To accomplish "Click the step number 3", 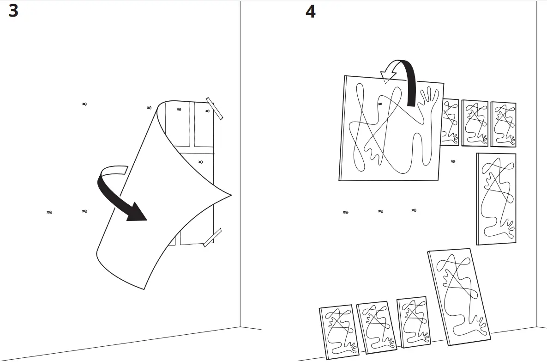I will coord(13,11).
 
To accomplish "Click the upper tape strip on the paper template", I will coord(214,108).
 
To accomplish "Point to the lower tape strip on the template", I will coord(212,237).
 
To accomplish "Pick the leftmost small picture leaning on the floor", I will coord(337,331).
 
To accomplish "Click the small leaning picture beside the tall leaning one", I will coord(412,322).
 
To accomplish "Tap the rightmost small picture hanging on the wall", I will coord(503,124).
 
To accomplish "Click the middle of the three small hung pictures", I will coord(475,123).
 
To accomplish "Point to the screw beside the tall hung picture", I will coord(453,161).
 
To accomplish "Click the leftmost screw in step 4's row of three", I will coord(345,212).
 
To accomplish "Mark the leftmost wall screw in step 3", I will coord(49,212).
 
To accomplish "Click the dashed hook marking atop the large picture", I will coord(385,82).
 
